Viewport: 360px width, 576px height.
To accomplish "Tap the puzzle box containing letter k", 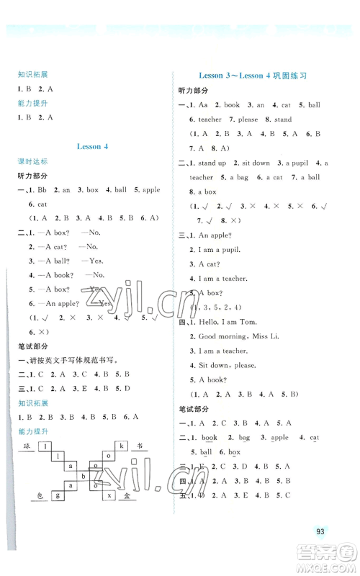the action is [122, 446].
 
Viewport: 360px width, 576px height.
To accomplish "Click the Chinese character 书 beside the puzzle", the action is [140, 446].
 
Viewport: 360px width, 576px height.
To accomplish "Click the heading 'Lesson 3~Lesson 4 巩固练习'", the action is [251, 75].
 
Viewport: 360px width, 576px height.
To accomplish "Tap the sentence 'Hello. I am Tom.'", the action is [220, 321].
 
